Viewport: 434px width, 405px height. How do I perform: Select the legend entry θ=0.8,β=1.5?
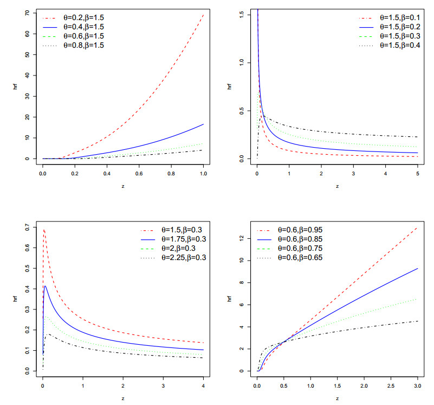pos(80,46)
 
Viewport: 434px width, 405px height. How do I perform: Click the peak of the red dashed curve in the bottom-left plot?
pos(43,230)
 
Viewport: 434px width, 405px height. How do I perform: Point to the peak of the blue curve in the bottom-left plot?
pos(46,286)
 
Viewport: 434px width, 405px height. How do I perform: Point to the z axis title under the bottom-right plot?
pos(337,398)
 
